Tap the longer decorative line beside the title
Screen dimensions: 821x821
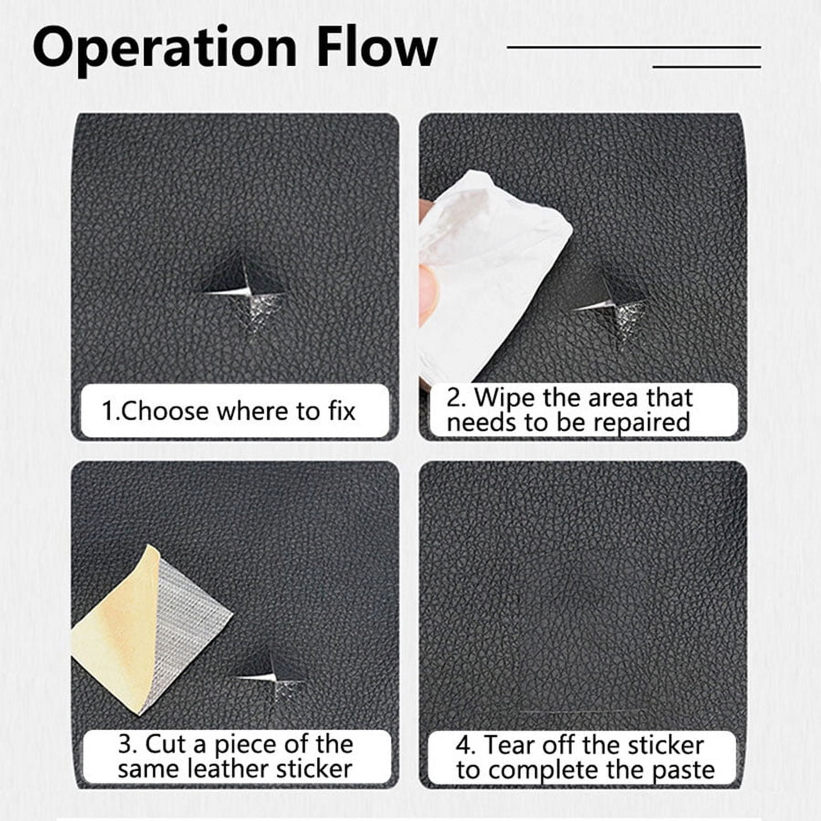(634, 47)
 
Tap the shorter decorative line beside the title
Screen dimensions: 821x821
(707, 67)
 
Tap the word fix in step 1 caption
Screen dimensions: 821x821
(341, 410)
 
